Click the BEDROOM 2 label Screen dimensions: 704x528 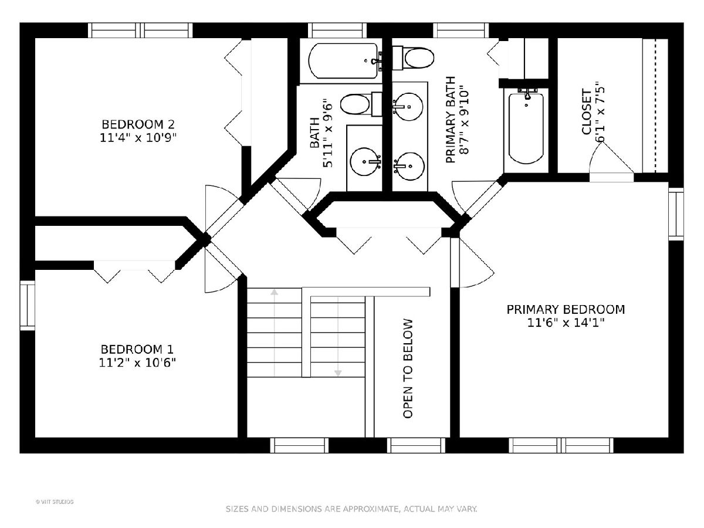pyautogui.click(x=138, y=124)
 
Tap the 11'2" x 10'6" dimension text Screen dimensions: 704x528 pyautogui.click(x=137, y=363)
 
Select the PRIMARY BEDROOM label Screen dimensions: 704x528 pyautogui.click(x=566, y=309)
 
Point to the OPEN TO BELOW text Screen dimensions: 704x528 pyautogui.click(x=407, y=368)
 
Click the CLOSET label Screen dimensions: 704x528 pyautogui.click(x=586, y=111)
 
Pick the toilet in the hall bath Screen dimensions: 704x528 pyautogui.click(x=361, y=104)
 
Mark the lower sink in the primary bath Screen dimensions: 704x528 pyautogui.click(x=409, y=166)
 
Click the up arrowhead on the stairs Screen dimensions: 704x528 pyautogui.click(x=274, y=292)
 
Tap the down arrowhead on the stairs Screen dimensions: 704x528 pyautogui.click(x=338, y=373)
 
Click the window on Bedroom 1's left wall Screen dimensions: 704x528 pyautogui.click(x=28, y=305)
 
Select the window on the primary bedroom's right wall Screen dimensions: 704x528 pyautogui.click(x=676, y=214)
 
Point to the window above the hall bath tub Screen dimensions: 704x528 pyautogui.click(x=337, y=31)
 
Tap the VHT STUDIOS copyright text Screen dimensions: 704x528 pyautogui.click(x=55, y=502)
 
